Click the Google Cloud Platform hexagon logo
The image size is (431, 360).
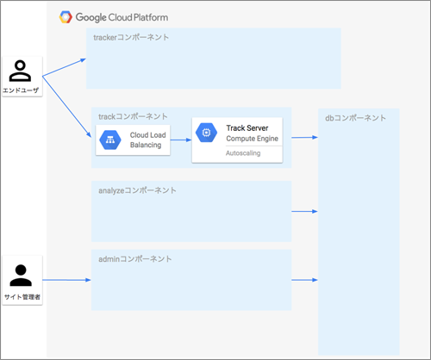coord(66,17)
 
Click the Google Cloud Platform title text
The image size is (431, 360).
coord(122,17)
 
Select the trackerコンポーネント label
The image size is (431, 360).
coord(131,37)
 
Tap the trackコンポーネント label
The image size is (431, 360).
coord(133,116)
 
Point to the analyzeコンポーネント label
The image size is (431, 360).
coord(137,190)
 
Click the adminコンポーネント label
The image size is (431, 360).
coord(135,259)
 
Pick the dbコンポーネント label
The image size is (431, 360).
coord(355,118)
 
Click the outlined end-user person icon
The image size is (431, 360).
coord(20,71)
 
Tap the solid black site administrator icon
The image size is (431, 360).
coord(21,276)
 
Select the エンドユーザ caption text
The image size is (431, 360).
coord(21,90)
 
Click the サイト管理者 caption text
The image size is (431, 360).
coord(22,297)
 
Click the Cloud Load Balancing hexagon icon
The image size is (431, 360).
coord(110,140)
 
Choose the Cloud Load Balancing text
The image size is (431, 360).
coord(147,140)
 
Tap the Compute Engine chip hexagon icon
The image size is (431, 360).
coord(206,133)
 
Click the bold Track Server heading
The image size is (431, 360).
coord(247,128)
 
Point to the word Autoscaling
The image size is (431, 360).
coord(243,153)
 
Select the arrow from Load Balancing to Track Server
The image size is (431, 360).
coord(181,140)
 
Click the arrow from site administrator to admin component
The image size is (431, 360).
coord(66,280)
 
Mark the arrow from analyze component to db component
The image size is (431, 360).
coord(304,212)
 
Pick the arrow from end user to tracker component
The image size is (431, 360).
coord(64,67)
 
